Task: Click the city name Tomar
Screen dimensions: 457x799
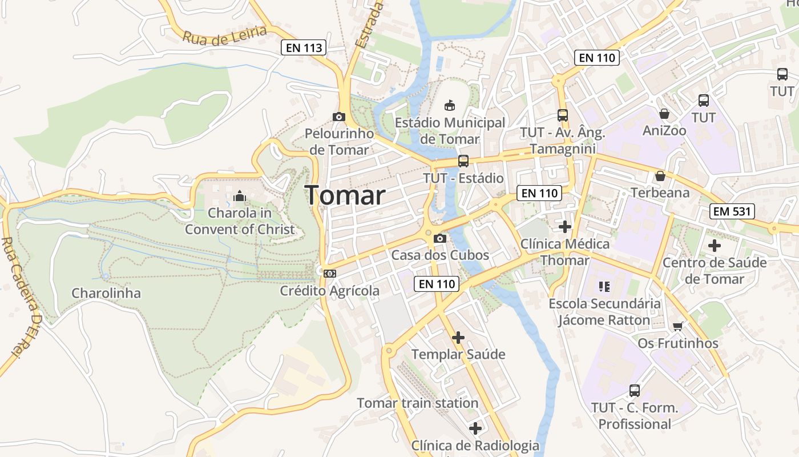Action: pos(345,195)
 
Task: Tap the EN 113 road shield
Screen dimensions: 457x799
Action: pos(304,48)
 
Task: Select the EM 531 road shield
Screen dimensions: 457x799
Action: pos(733,211)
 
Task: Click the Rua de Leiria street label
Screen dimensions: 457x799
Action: pos(224,34)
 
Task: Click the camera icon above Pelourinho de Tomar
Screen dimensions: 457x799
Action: pos(339,117)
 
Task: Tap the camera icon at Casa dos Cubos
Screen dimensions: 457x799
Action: pos(439,238)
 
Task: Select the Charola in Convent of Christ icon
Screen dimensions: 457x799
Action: pos(239,197)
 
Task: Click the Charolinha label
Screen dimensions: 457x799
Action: pos(106,293)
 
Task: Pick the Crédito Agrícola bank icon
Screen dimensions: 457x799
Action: pos(330,274)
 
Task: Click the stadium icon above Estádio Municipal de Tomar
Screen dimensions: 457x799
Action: pos(450,105)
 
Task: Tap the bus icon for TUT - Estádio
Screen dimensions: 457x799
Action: pos(463,161)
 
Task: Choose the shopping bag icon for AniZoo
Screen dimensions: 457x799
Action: pos(664,114)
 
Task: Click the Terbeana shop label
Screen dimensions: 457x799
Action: pos(660,193)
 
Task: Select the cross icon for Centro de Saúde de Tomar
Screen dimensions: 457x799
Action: pos(714,246)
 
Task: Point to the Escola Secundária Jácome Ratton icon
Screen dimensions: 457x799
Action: pos(604,286)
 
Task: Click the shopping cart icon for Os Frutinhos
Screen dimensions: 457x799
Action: pos(677,327)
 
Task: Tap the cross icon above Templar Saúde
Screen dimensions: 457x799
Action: pos(458,338)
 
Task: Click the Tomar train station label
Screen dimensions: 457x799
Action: pos(417,403)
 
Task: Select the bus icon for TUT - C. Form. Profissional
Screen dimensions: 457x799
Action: pos(634,391)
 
